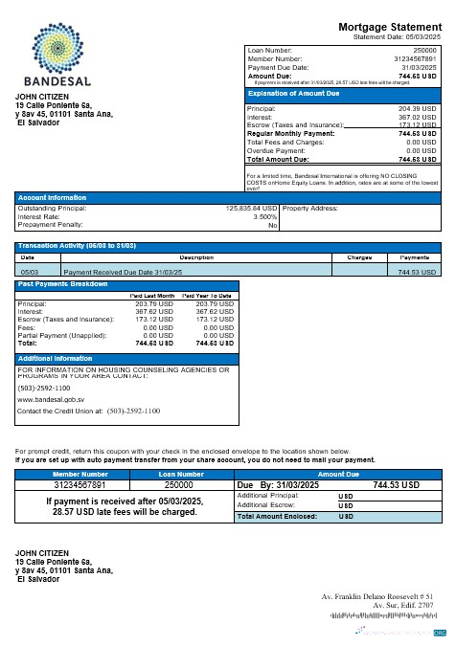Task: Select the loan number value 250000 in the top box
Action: point(424,49)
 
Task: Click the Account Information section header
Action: point(47,197)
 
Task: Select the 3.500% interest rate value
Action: point(264,216)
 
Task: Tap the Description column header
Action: point(196,256)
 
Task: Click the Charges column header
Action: point(358,256)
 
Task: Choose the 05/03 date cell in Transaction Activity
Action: point(29,272)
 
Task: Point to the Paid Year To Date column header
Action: point(207,296)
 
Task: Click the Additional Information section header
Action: point(55,358)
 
